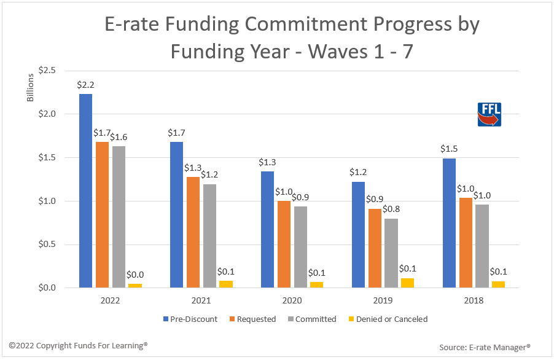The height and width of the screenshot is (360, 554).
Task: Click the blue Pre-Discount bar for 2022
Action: [85, 190]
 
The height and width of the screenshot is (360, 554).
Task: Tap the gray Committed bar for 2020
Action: [300, 247]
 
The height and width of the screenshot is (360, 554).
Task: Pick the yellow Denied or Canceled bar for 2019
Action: [407, 283]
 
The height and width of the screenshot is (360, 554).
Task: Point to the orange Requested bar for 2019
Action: [374, 248]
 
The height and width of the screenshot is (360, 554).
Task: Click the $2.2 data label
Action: [85, 85]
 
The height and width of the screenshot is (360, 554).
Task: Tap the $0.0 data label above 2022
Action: [136, 275]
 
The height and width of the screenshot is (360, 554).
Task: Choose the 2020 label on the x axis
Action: [292, 301]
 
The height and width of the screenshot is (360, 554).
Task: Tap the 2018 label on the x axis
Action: [474, 301]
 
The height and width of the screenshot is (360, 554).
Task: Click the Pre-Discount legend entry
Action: [190, 319]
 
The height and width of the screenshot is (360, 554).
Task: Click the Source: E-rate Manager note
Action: [485, 348]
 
